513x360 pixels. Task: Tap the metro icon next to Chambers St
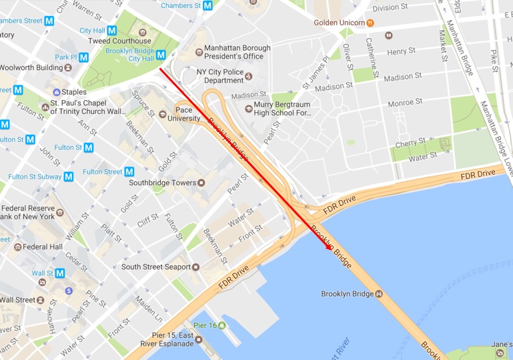point(208,5)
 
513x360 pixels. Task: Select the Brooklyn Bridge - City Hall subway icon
point(161,55)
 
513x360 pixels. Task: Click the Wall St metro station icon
point(60,273)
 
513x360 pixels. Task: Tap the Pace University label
point(187,114)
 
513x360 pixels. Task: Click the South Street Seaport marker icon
point(195,267)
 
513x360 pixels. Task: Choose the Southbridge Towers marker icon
point(201,183)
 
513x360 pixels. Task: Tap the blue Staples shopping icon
point(56,91)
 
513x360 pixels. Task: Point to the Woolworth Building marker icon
point(67,67)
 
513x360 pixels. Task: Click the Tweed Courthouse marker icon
point(141,31)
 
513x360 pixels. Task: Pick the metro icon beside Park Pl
point(83,57)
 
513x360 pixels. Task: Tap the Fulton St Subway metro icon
point(67,177)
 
